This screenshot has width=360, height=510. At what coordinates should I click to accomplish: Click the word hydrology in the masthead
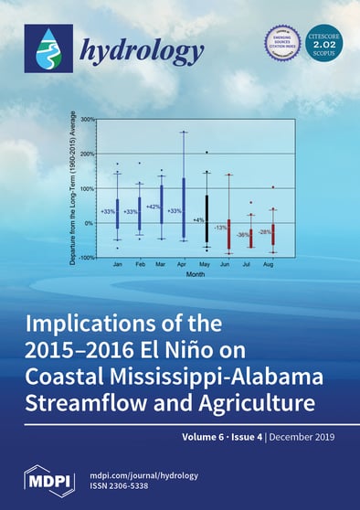click(123, 53)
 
